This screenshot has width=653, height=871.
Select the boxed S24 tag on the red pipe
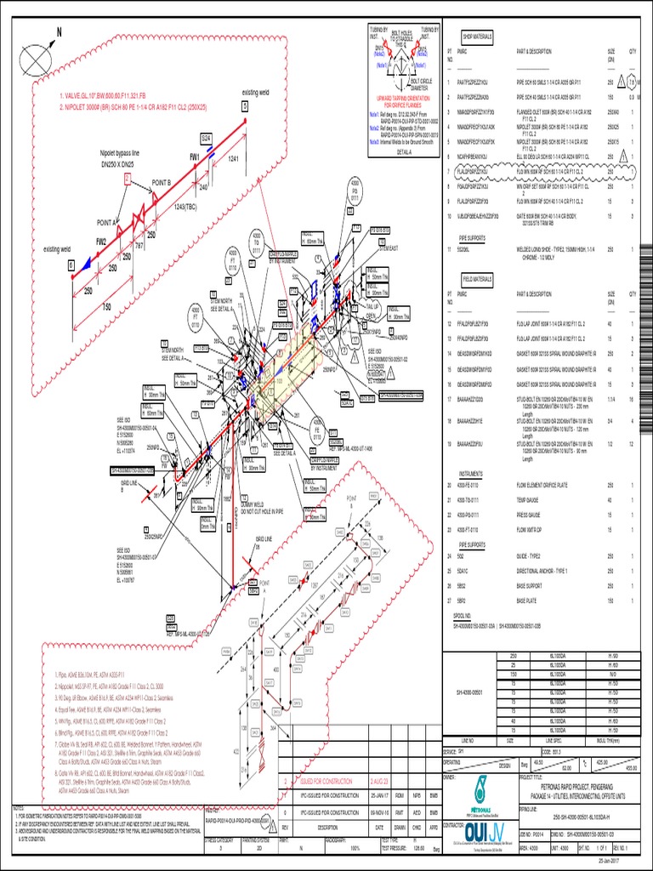coord(206,138)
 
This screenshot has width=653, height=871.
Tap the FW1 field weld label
coord(195,157)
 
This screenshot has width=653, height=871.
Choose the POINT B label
coord(162,183)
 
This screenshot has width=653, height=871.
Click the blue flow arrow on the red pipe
coord(88,266)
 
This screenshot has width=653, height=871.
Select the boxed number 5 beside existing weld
coord(245,106)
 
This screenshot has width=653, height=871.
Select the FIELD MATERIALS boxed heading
coord(479,278)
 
